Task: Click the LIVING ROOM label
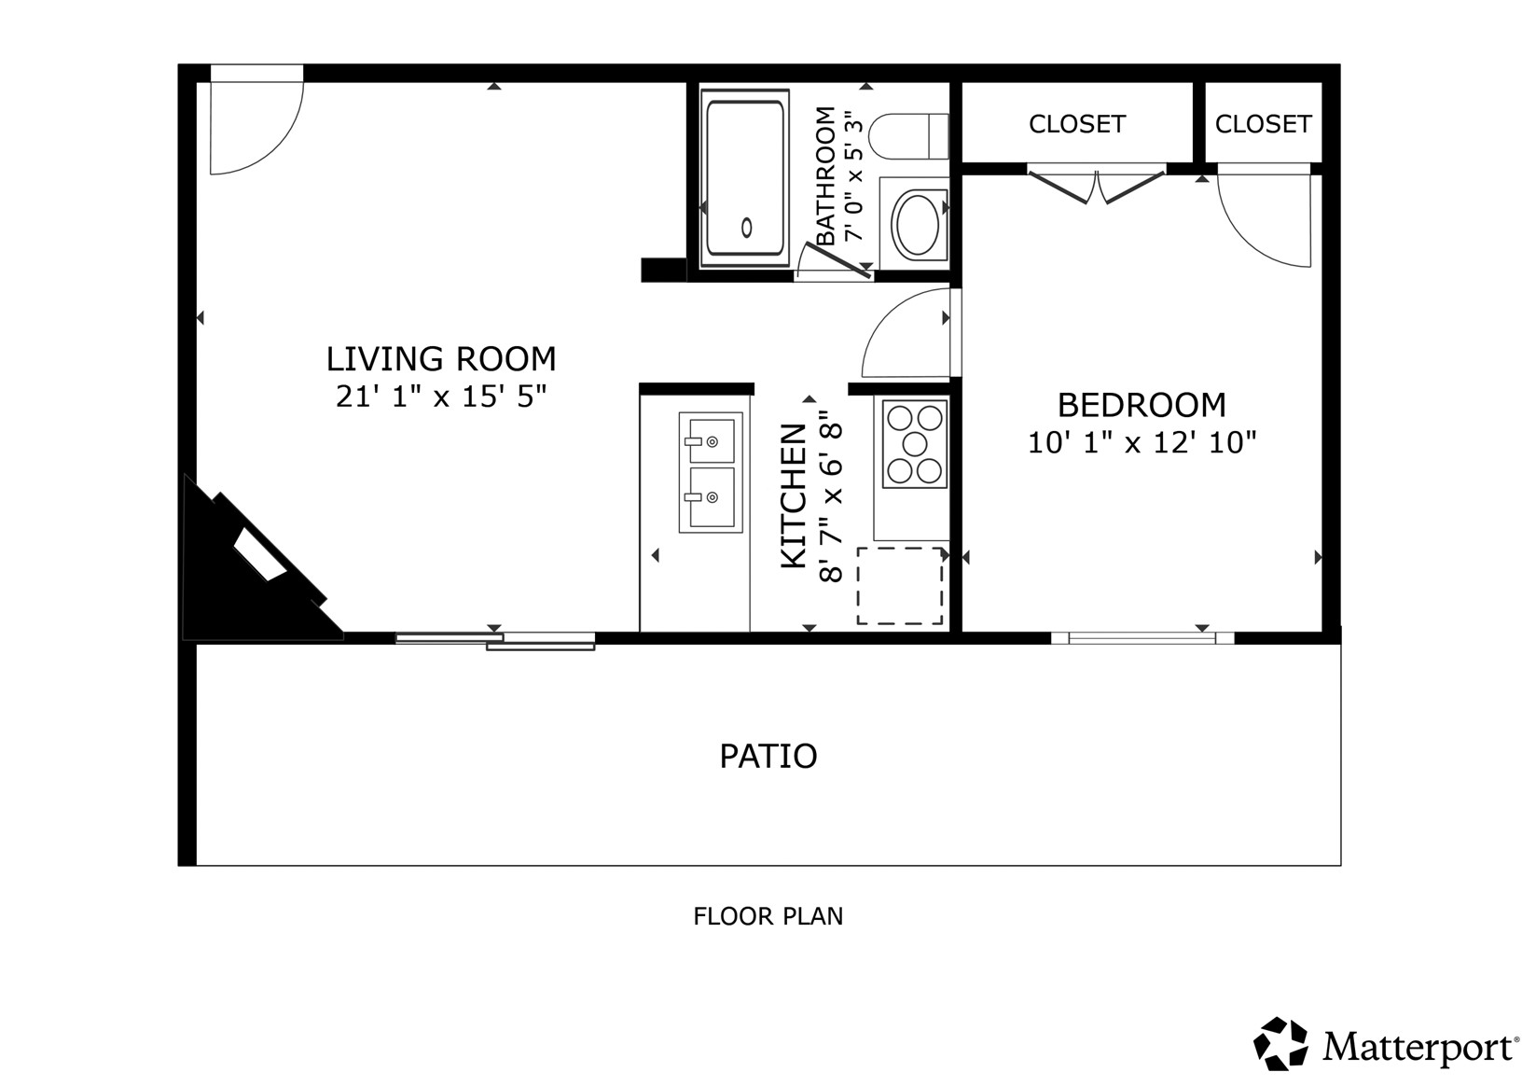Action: tap(440, 359)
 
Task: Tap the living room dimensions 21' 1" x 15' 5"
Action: tap(441, 397)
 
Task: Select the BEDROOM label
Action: tap(1142, 405)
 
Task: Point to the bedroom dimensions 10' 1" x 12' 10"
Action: tap(1142, 442)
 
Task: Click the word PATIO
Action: tap(768, 756)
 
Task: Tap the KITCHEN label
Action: tap(794, 496)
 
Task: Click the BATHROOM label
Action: tap(825, 175)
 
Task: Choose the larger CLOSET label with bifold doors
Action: tap(1076, 124)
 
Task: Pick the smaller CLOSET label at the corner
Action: tap(1263, 124)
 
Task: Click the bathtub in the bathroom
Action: tap(745, 177)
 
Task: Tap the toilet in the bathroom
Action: tap(908, 136)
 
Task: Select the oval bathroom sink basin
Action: tap(918, 224)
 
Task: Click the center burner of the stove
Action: tap(915, 444)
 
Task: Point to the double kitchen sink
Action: tap(711, 472)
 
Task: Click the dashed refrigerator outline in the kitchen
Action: tap(900, 586)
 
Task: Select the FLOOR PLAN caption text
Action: tap(768, 916)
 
